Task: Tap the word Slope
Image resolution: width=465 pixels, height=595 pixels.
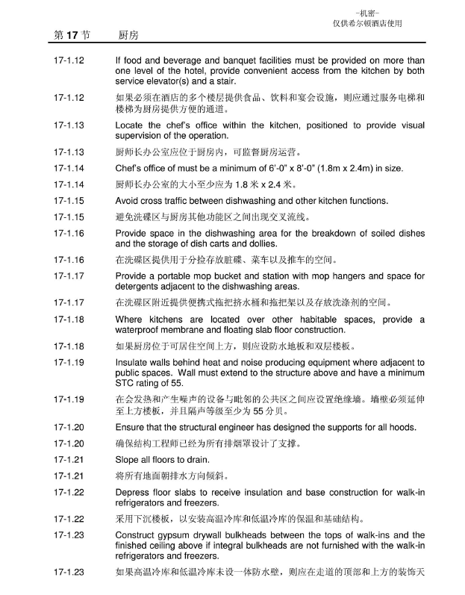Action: (128, 459)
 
